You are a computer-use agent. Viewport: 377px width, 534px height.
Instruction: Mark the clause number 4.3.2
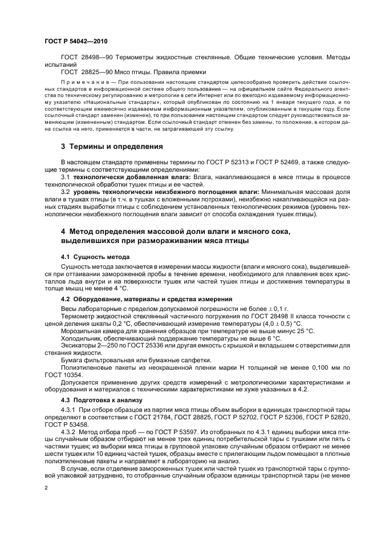70,432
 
